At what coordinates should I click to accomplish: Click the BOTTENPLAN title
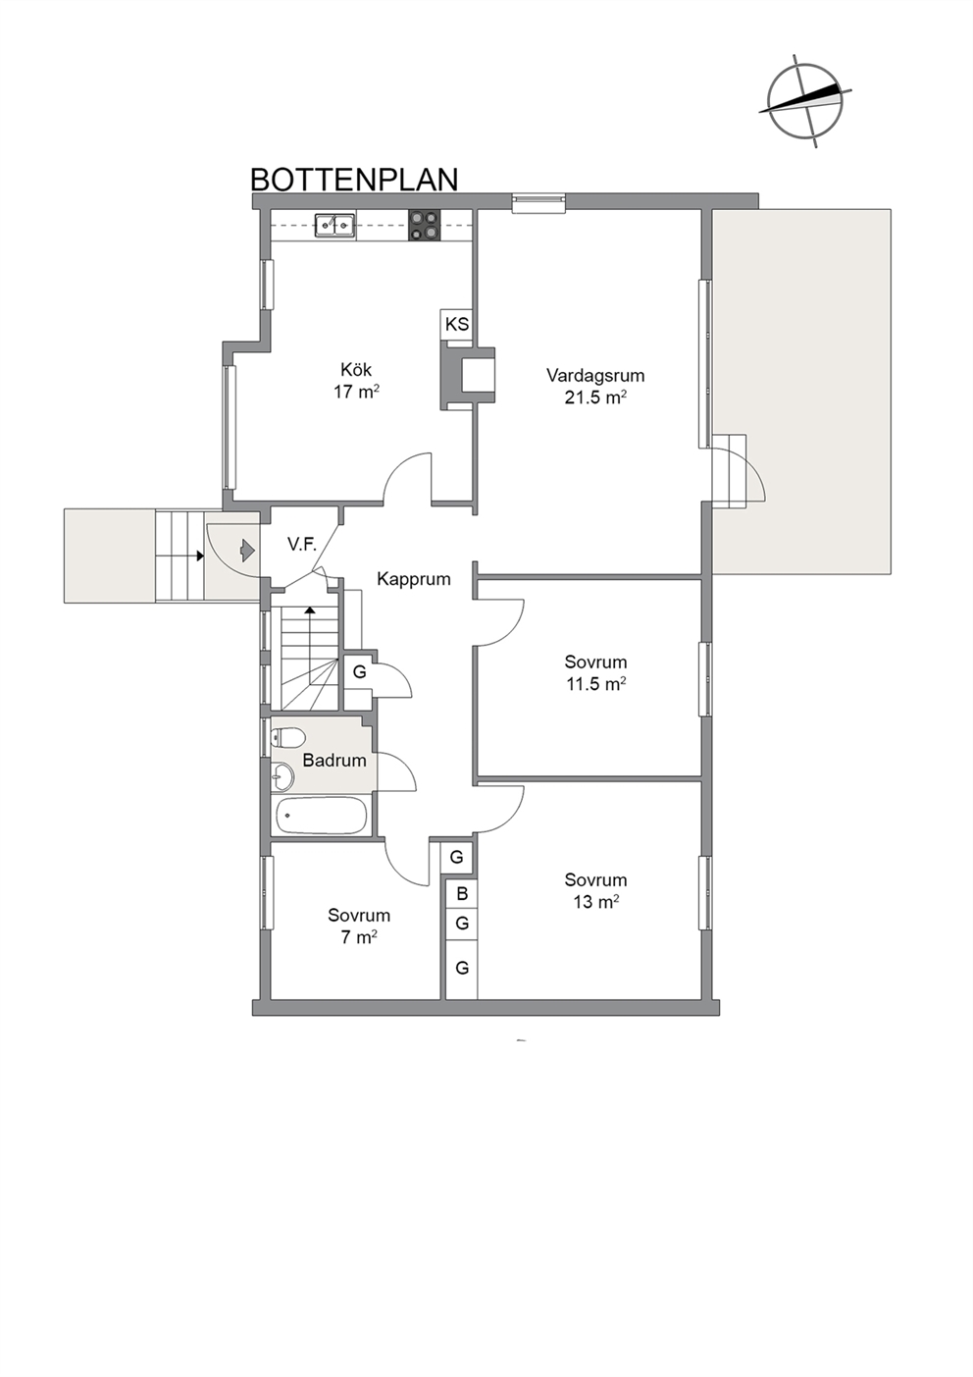tap(354, 180)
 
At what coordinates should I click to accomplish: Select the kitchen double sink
tap(334, 225)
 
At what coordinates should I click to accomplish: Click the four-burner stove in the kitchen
tap(425, 225)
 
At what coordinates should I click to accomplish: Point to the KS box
tap(456, 324)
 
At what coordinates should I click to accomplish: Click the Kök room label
tap(356, 370)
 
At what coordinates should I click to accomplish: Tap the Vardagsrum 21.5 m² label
tap(595, 386)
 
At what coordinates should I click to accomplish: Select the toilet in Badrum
tap(287, 737)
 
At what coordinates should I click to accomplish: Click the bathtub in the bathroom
tap(322, 816)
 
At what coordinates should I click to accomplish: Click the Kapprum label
tap(413, 579)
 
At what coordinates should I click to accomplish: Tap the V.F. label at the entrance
tap(301, 544)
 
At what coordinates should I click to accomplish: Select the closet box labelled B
tap(462, 894)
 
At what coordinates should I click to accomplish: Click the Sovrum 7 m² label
tap(359, 926)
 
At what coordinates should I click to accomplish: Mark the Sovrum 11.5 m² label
tap(595, 673)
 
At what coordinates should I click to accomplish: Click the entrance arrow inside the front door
tap(246, 550)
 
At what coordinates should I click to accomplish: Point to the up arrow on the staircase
tap(310, 638)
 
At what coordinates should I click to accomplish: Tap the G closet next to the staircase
tap(359, 672)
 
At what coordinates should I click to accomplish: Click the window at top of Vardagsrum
tap(538, 203)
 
